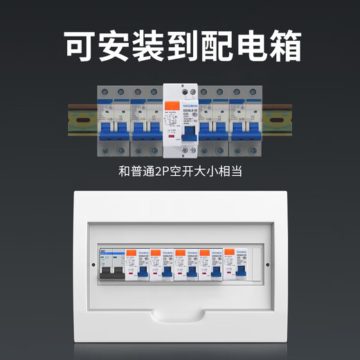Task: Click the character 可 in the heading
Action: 82,45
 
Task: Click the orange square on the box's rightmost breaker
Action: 231,253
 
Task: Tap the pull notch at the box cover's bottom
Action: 180,315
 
